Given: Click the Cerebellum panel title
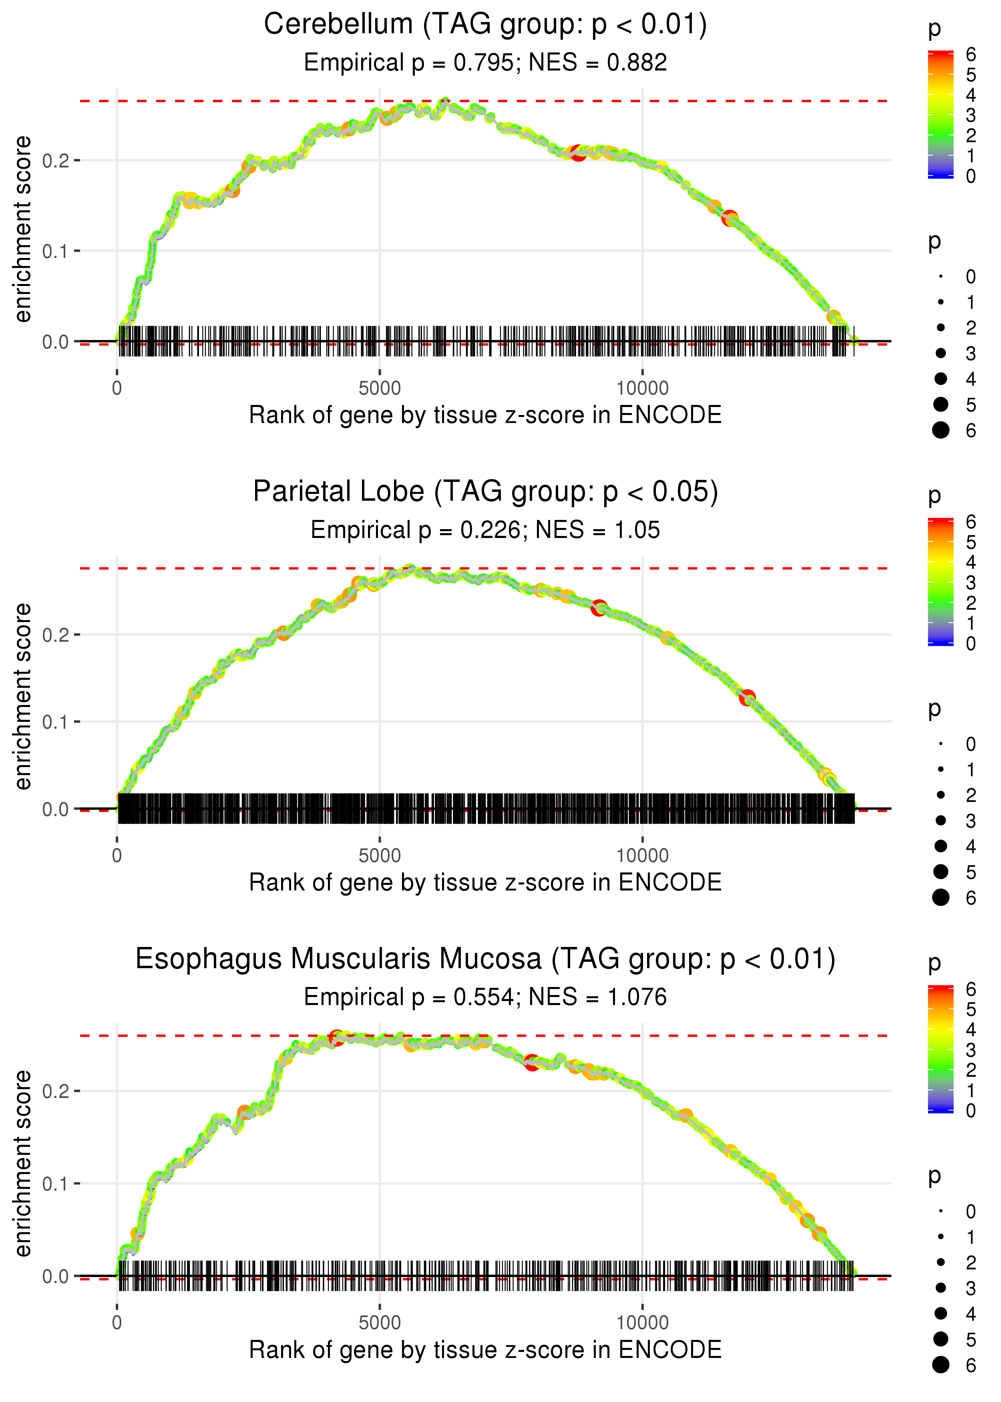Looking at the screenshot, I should (485, 25).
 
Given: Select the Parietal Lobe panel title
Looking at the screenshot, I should (485, 492).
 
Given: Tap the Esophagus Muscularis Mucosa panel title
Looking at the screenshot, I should (485, 959).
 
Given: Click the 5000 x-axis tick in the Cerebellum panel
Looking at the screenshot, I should (380, 389).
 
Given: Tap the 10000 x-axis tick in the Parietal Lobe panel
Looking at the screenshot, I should (642, 856).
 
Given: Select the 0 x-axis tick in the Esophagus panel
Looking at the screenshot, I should (117, 1323).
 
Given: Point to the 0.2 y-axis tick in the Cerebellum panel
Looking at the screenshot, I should (56, 161).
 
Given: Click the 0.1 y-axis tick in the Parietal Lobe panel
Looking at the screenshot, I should (56, 722).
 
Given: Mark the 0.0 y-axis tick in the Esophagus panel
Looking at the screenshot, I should (56, 1276).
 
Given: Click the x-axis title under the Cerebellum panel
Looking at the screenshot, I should (485, 415).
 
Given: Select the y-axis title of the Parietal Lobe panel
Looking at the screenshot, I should (23, 697).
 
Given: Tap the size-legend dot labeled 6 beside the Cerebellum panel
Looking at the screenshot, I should (941, 430).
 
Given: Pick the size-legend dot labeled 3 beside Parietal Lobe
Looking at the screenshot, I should (941, 821).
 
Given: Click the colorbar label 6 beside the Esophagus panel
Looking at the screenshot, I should (971, 989).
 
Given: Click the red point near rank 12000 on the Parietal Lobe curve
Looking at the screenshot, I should (747, 698).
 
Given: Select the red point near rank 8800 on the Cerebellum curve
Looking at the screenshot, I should (578, 153).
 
